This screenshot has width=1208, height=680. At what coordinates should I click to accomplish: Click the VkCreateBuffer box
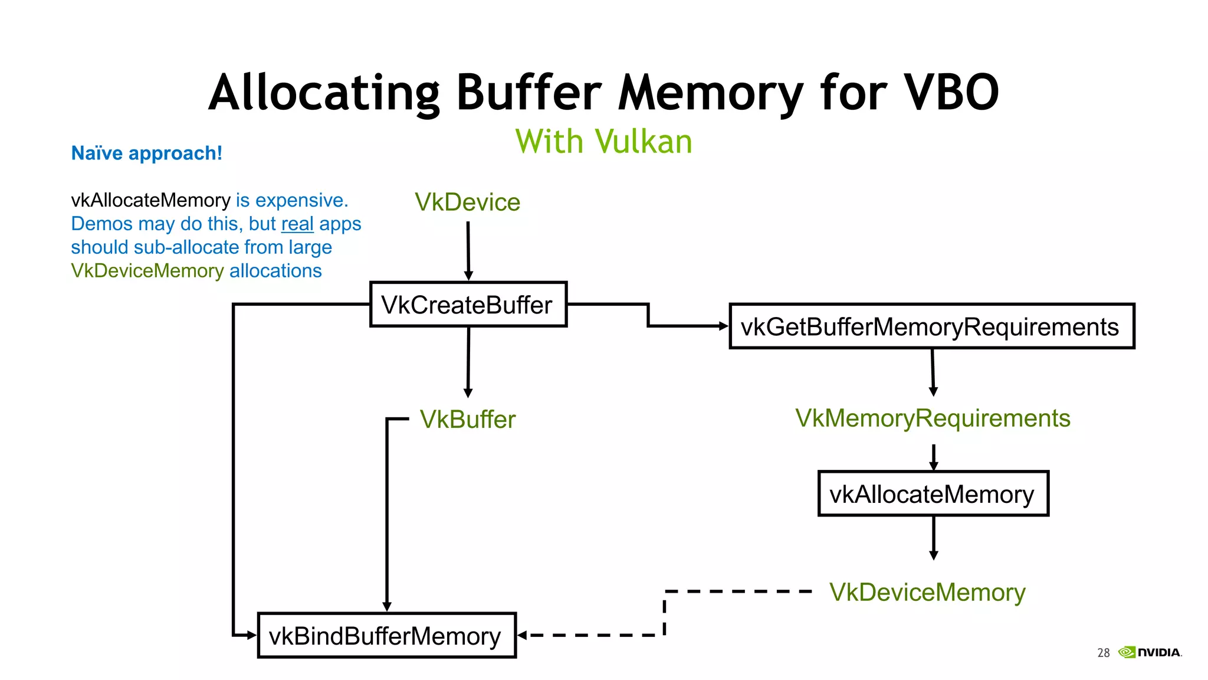468,305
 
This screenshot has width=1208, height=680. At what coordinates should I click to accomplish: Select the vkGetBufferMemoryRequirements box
931,326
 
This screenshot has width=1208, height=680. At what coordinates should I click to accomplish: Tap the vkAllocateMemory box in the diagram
933,494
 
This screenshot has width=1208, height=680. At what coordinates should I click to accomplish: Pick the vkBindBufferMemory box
386,636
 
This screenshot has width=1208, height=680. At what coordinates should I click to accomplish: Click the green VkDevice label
467,202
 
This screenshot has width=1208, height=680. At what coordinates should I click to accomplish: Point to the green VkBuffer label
467,420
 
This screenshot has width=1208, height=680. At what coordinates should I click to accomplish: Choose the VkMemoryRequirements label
932,418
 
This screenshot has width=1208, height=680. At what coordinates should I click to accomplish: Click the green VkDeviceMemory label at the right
927,592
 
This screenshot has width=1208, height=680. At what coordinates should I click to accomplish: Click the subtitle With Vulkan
603,142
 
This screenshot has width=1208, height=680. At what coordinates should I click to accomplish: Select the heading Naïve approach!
146,153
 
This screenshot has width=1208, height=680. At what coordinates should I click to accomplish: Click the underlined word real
297,224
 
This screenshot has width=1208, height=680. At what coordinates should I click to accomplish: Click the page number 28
1103,652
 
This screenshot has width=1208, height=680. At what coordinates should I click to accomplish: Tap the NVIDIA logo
1150,652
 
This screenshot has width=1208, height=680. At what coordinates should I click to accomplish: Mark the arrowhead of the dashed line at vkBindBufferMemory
521,635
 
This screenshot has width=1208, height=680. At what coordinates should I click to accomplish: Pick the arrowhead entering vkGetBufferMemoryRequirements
724,326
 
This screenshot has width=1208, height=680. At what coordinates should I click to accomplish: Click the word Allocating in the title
324,93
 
